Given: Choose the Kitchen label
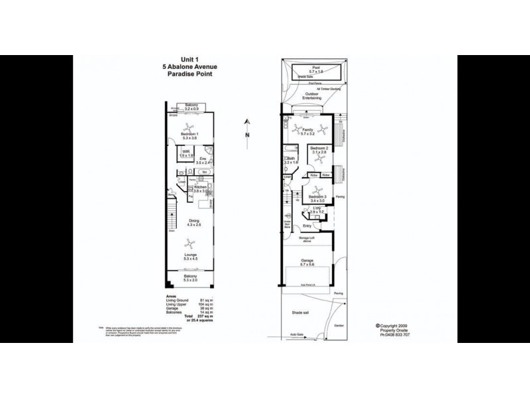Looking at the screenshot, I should coord(201,188).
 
